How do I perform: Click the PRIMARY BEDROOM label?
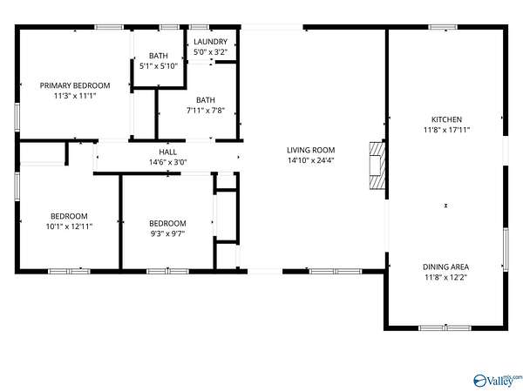[x=75, y=85]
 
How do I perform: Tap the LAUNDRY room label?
[x=210, y=42]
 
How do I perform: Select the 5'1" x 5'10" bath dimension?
[x=158, y=66]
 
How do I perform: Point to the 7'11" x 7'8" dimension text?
[x=206, y=111]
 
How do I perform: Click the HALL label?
[x=167, y=152]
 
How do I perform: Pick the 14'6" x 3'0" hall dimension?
[x=167, y=162]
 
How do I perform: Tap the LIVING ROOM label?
[x=311, y=151]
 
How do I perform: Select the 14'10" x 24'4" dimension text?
[x=311, y=160]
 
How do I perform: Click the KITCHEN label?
[x=446, y=119]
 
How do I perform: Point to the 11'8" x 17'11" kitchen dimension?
[x=446, y=130]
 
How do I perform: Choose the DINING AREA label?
[x=446, y=267]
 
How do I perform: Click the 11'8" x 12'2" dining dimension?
[x=446, y=277]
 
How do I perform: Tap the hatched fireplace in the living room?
[x=377, y=166]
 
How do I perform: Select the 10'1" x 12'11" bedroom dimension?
[x=69, y=226]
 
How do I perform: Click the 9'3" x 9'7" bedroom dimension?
[x=167, y=233]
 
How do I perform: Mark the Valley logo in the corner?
[x=498, y=381]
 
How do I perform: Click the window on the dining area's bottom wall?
[x=445, y=328]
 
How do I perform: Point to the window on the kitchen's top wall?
[x=443, y=27]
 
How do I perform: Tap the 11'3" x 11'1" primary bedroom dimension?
[x=75, y=96]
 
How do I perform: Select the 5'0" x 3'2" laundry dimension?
[x=210, y=52]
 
